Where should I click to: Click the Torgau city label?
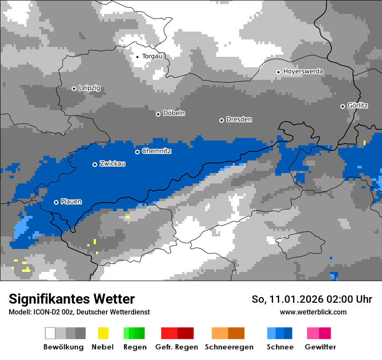point(152,56)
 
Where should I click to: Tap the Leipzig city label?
point(89,88)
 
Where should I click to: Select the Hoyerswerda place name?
point(303,72)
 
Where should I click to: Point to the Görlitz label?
point(358,106)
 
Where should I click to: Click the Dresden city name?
point(239,120)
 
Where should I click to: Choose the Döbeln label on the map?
point(174,114)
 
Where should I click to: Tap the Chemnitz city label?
point(156,151)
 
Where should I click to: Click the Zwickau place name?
point(112,164)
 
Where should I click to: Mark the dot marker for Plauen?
point(56,202)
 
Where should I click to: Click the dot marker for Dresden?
point(221,120)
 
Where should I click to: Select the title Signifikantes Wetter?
point(72,299)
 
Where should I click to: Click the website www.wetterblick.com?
point(313,312)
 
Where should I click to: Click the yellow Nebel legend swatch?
point(103,333)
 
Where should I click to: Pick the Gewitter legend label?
point(320,347)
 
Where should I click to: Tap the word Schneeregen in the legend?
point(229,347)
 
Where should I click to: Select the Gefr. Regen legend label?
point(177,347)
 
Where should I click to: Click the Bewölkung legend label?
point(63,347)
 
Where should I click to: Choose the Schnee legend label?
point(280,347)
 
